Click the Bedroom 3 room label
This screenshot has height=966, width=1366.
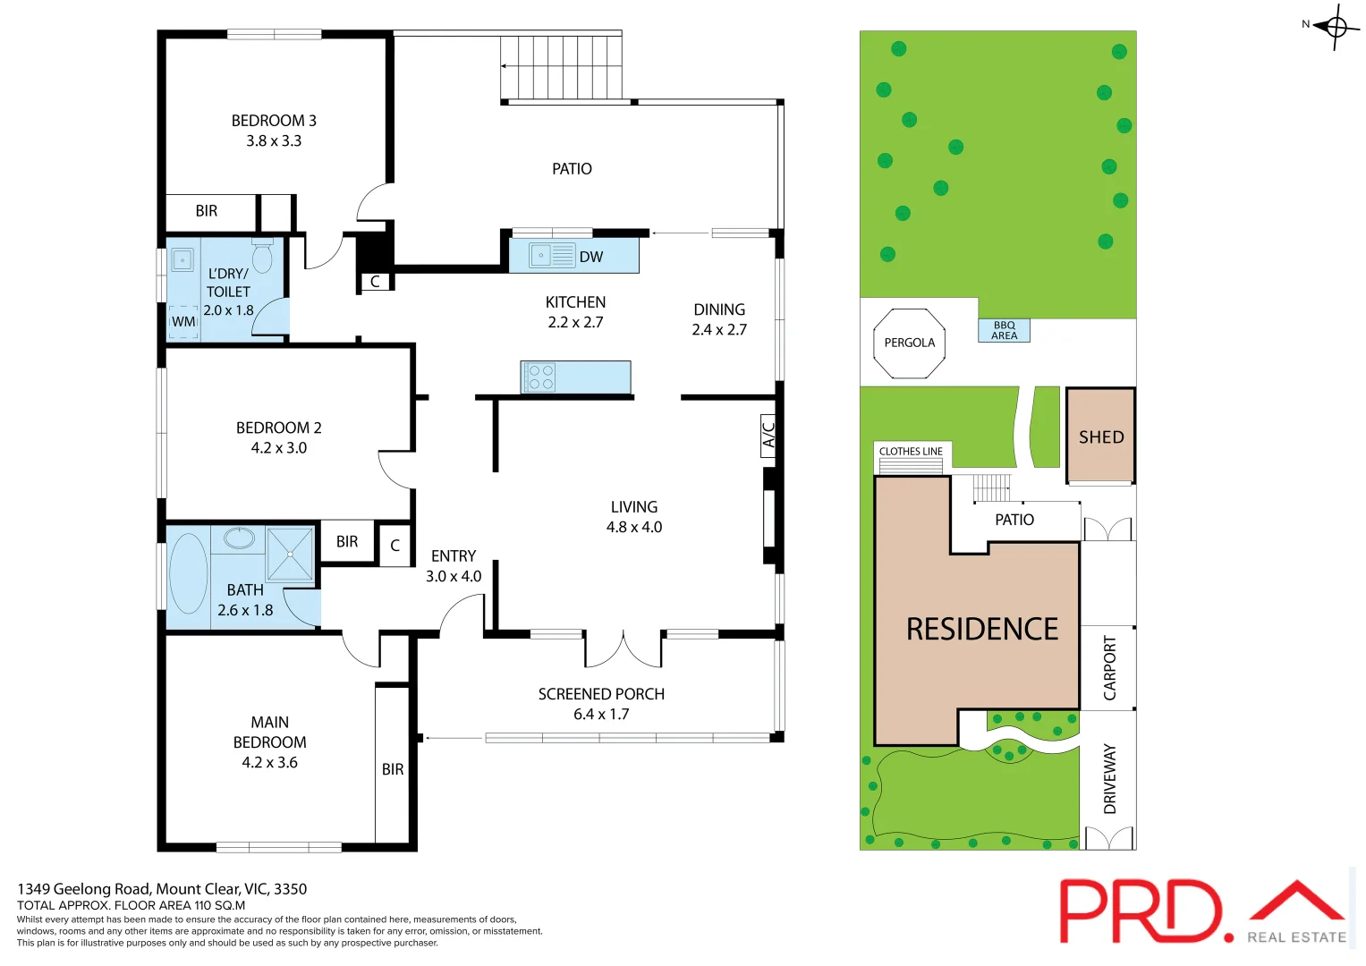(274, 121)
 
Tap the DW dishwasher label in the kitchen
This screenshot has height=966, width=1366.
(591, 257)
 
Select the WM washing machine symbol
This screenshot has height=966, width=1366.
(183, 322)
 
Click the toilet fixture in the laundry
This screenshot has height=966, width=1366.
(262, 257)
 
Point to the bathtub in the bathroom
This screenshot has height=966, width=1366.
(188, 573)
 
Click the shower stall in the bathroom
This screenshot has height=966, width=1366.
(290, 554)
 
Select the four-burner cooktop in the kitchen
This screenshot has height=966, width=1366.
(540, 377)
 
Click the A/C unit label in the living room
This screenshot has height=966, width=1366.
(768, 436)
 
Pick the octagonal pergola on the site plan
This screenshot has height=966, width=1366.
(909, 343)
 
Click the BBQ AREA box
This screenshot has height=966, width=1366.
(1004, 331)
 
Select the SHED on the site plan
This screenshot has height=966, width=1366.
(1100, 436)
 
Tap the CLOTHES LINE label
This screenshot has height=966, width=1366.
(911, 452)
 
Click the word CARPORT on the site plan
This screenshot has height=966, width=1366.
(1109, 667)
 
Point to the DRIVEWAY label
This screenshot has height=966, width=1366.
(1109, 778)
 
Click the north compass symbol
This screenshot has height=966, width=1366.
(1336, 27)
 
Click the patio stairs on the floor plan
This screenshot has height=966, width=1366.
(561, 67)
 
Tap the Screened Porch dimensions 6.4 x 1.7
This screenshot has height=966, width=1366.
(601, 714)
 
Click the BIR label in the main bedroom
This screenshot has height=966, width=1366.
(393, 769)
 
